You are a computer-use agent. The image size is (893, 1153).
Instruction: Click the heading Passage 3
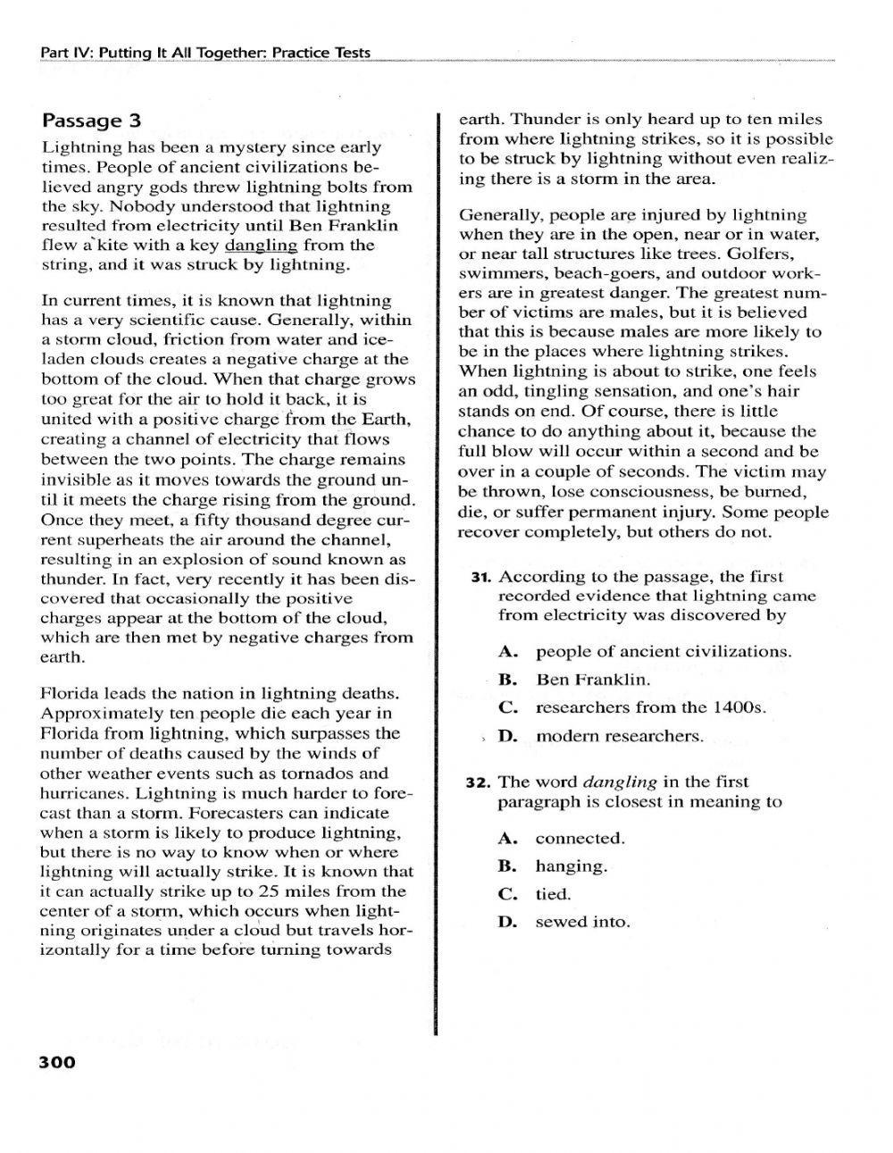pos(91,121)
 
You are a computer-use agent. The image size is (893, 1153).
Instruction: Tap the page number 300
pos(57,1063)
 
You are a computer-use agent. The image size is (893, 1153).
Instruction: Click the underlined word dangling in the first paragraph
pos(261,245)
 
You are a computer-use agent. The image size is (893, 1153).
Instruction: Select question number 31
pos(481,577)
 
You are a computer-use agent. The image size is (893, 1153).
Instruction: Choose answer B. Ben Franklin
pos(592,680)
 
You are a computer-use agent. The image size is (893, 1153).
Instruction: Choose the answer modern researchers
pos(619,736)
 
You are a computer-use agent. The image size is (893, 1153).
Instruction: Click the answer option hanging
pos(571,866)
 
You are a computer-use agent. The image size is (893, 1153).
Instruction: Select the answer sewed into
pos(582,922)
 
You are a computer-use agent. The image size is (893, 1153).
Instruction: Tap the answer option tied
pos(553,894)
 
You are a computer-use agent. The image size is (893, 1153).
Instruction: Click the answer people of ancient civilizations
pos(663,651)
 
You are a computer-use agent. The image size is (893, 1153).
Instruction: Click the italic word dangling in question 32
pos(620,782)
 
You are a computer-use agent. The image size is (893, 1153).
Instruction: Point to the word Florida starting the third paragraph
pos(71,694)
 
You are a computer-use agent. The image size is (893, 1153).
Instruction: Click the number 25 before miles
pos(269,891)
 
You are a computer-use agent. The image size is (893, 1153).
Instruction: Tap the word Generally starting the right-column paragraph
pos(496,215)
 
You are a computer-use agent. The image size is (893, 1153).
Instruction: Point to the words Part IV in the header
pos(65,53)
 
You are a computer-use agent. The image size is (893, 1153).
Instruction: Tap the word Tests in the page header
pos(352,53)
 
